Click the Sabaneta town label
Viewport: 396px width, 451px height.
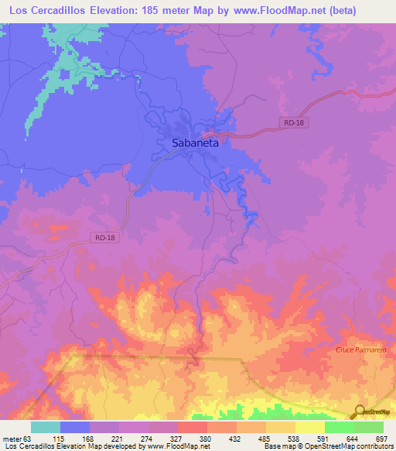pyautogui.click(x=194, y=143)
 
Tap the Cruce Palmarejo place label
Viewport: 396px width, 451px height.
pyautogui.click(x=361, y=350)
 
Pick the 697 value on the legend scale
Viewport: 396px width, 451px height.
pyautogui.click(x=381, y=438)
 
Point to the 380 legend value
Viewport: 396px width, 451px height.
pyautogui.click(x=205, y=438)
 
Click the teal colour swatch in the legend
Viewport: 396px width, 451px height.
pyautogui.click(x=45, y=427)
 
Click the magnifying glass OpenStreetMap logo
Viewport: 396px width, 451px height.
pyautogui.click(x=358, y=412)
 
